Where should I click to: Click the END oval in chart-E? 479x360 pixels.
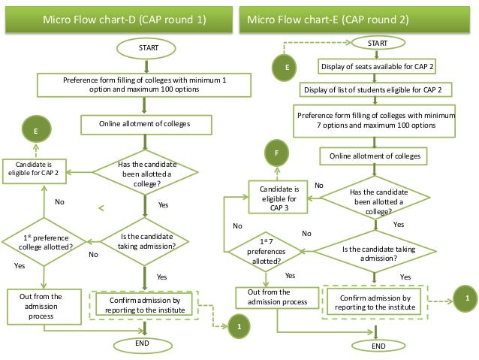[x=378, y=346]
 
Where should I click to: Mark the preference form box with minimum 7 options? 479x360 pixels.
[x=376, y=120]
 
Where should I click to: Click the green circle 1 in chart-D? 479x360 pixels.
[x=239, y=328]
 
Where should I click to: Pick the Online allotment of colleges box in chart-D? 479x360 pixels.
[x=145, y=124]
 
